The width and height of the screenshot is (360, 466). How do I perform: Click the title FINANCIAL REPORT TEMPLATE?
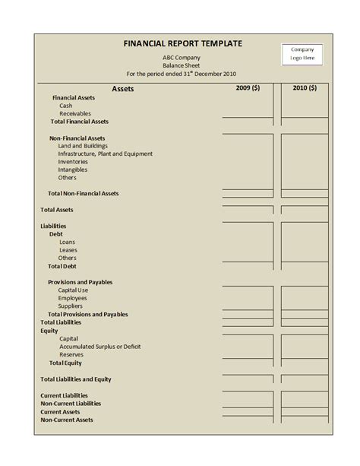(x=182, y=44)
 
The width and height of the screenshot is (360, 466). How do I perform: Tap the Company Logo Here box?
(x=302, y=53)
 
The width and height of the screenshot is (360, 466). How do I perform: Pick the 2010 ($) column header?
(x=304, y=89)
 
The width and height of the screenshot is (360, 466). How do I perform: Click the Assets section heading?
(x=122, y=90)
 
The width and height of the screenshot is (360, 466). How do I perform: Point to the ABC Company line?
(x=182, y=58)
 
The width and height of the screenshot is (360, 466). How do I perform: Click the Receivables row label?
(x=75, y=113)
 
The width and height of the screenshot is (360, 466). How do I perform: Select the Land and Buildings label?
(x=83, y=145)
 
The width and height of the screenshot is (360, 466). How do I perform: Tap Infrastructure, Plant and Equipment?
(x=105, y=154)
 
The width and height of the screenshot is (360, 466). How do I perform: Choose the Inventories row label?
(x=73, y=162)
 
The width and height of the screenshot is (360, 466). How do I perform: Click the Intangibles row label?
(x=73, y=170)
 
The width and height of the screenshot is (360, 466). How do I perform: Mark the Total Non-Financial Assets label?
(x=83, y=194)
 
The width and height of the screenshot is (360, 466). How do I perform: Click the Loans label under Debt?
(x=68, y=243)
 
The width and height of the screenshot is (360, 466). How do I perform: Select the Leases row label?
(x=68, y=250)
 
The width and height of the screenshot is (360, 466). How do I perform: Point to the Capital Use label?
(x=73, y=290)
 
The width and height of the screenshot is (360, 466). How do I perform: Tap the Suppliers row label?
(x=71, y=306)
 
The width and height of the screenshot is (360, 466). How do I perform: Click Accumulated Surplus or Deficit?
(x=99, y=347)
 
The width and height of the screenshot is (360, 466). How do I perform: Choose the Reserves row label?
(x=71, y=355)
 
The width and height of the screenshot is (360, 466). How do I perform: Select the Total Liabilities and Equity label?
(x=76, y=379)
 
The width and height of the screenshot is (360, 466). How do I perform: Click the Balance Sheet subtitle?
(x=182, y=66)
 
